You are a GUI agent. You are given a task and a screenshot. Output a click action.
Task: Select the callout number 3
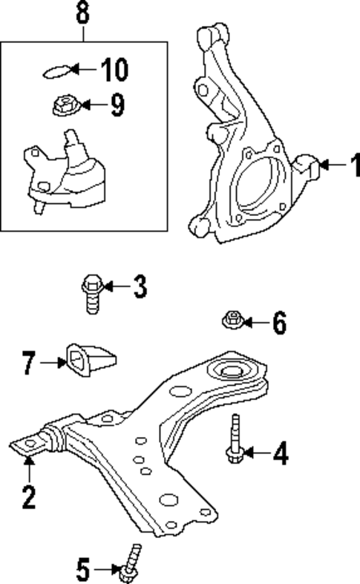140,287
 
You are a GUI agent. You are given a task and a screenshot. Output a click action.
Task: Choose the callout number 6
278,323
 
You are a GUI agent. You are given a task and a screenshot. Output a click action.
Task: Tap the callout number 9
117,105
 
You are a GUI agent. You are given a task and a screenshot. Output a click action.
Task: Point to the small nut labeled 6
230,321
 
